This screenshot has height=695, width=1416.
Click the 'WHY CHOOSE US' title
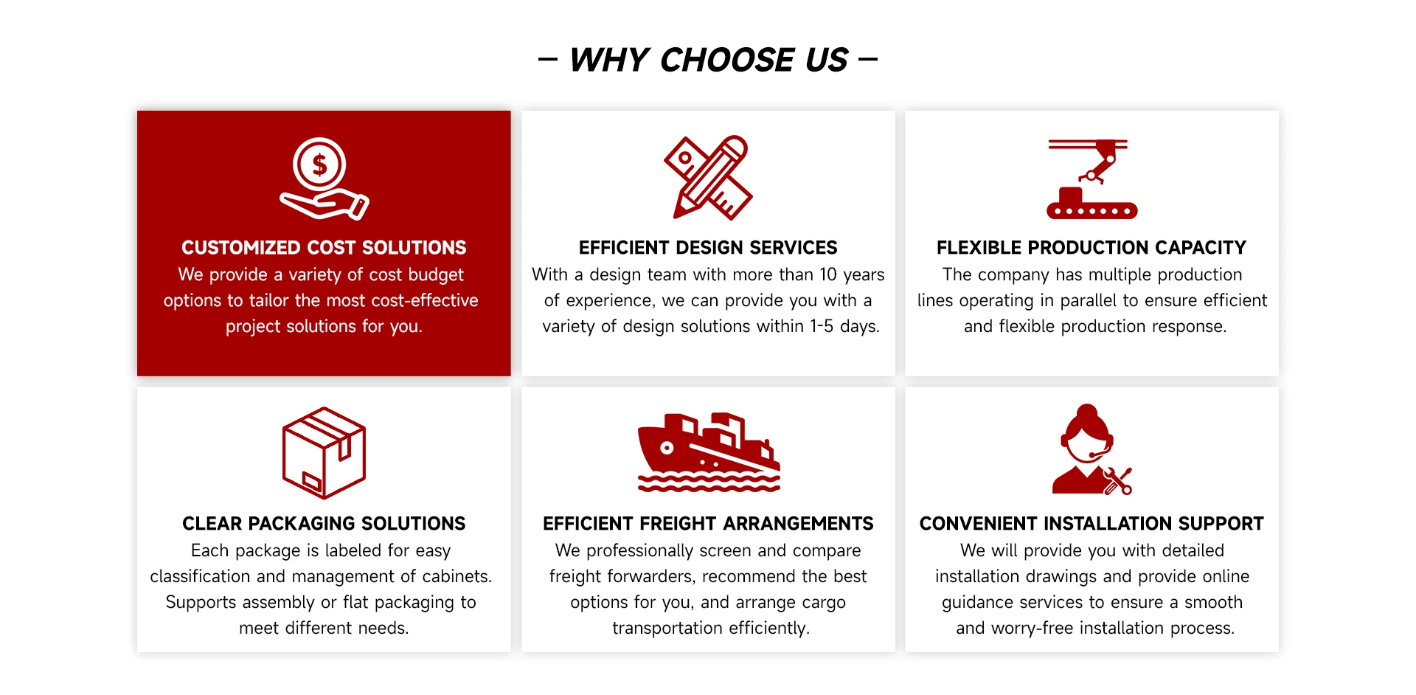point(708,60)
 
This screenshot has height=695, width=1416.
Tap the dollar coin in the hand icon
point(319,165)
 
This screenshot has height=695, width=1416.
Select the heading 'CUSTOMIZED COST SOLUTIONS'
point(324,247)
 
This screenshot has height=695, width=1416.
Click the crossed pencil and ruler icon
point(708,177)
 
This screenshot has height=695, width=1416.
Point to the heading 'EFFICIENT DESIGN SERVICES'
point(708,247)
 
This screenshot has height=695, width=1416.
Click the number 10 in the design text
point(828,274)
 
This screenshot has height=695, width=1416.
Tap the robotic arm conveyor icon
point(1091,178)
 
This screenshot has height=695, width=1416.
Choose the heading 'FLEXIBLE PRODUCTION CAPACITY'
point(1091,247)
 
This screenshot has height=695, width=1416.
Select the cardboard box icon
point(324,453)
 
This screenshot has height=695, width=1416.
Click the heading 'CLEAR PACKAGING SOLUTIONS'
point(324,523)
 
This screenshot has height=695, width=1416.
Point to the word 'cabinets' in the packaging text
point(457,576)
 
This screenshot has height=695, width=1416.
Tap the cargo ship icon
point(709,452)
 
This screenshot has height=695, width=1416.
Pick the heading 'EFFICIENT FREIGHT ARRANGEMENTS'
point(708,523)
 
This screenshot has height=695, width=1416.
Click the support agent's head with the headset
point(1086,434)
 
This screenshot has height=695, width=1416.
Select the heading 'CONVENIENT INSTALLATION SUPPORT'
point(1091,523)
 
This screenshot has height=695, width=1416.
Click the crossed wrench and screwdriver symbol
point(1118,481)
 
